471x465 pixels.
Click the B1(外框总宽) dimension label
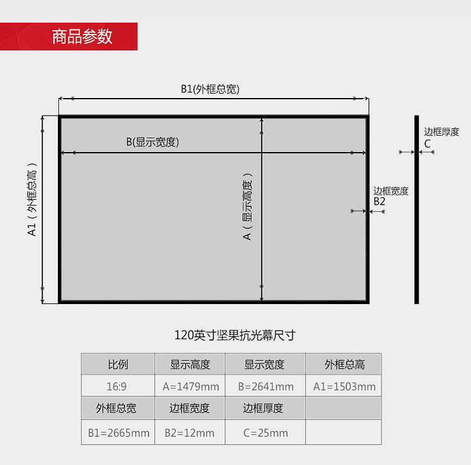click(210, 89)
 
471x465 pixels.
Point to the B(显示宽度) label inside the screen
click(153, 142)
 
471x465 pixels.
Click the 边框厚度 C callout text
click(441, 137)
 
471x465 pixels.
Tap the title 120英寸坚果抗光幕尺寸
click(234, 336)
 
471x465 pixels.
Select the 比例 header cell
click(117, 364)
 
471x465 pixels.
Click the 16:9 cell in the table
click(117, 386)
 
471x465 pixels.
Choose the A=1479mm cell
click(190, 386)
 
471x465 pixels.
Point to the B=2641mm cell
click(265, 386)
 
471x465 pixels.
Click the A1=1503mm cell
click(344, 386)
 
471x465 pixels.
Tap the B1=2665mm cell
click(117, 433)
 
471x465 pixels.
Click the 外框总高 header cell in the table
click(344, 364)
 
